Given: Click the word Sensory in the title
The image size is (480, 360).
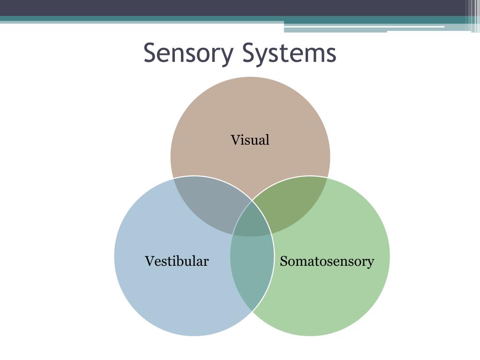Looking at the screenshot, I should (x=187, y=53).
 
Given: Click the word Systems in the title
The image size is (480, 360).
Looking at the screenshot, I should (x=289, y=53).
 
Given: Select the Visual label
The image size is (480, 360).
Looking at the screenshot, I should (x=250, y=140).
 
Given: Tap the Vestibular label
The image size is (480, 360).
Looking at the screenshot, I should (x=177, y=261).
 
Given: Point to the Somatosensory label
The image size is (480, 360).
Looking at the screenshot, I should (x=327, y=261).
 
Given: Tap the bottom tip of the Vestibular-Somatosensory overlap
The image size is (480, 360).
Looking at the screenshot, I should (x=252, y=311).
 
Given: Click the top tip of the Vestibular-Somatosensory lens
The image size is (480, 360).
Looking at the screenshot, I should (x=252, y=201).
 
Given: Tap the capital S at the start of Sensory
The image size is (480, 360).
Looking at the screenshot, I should (x=150, y=53).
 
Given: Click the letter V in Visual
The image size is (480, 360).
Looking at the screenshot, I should (x=235, y=140).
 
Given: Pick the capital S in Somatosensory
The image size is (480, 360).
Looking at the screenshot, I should (x=284, y=261).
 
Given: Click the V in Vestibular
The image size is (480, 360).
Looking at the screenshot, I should (x=149, y=261).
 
